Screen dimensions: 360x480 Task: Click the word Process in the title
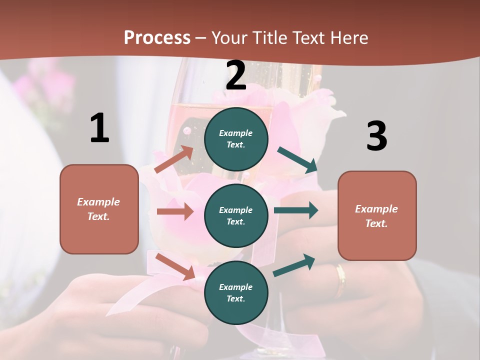click(x=157, y=38)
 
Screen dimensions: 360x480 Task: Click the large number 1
click(x=99, y=128)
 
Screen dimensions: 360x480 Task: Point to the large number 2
click(x=236, y=75)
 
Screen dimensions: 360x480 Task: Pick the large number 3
click(x=376, y=136)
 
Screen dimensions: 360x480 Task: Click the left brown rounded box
click(x=99, y=209)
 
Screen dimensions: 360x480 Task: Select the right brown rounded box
click(x=377, y=216)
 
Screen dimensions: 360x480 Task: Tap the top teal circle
click(x=236, y=139)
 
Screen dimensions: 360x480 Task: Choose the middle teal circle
click(x=236, y=216)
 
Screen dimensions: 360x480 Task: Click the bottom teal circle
click(x=236, y=292)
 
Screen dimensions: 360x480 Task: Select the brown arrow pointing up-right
click(x=174, y=159)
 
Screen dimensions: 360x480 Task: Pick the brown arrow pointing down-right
click(x=175, y=266)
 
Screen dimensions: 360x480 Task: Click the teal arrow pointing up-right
click(x=294, y=265)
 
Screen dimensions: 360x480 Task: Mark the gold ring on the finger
click(x=340, y=280)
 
